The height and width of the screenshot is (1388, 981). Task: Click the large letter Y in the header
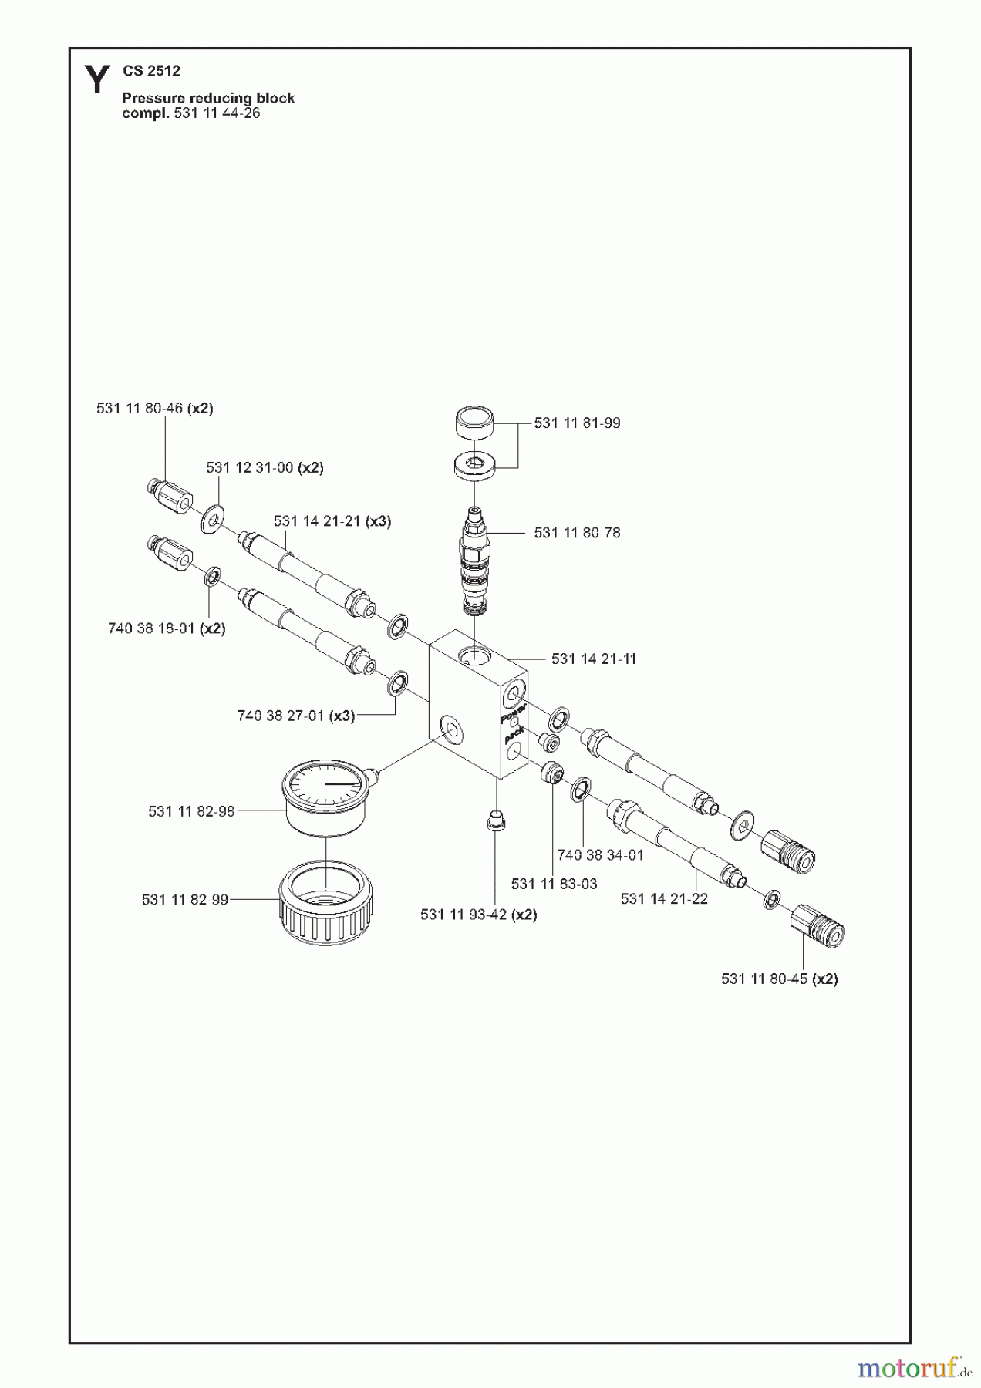tap(96, 80)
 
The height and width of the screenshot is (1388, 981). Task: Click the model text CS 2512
tap(151, 71)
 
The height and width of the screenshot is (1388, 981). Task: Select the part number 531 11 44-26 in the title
tap(217, 113)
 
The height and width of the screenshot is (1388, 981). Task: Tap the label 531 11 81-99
tap(577, 423)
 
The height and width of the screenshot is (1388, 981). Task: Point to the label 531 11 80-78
tap(577, 533)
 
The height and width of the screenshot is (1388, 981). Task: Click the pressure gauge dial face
tap(325, 783)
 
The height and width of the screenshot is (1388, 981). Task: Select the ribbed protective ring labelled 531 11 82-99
tap(325, 904)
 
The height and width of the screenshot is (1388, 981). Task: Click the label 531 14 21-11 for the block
tap(594, 659)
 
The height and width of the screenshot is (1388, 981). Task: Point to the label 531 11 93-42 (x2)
tap(478, 915)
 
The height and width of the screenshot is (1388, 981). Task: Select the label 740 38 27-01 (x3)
tap(296, 716)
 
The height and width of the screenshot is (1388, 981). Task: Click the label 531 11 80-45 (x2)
tap(779, 979)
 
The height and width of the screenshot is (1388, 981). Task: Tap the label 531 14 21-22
tap(664, 899)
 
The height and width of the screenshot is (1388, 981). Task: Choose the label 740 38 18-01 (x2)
tap(167, 628)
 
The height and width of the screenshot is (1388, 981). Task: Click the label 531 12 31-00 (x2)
tap(265, 468)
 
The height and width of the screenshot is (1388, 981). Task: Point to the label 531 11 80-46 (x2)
tap(154, 409)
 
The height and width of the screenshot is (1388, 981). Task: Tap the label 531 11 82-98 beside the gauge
tap(191, 812)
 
